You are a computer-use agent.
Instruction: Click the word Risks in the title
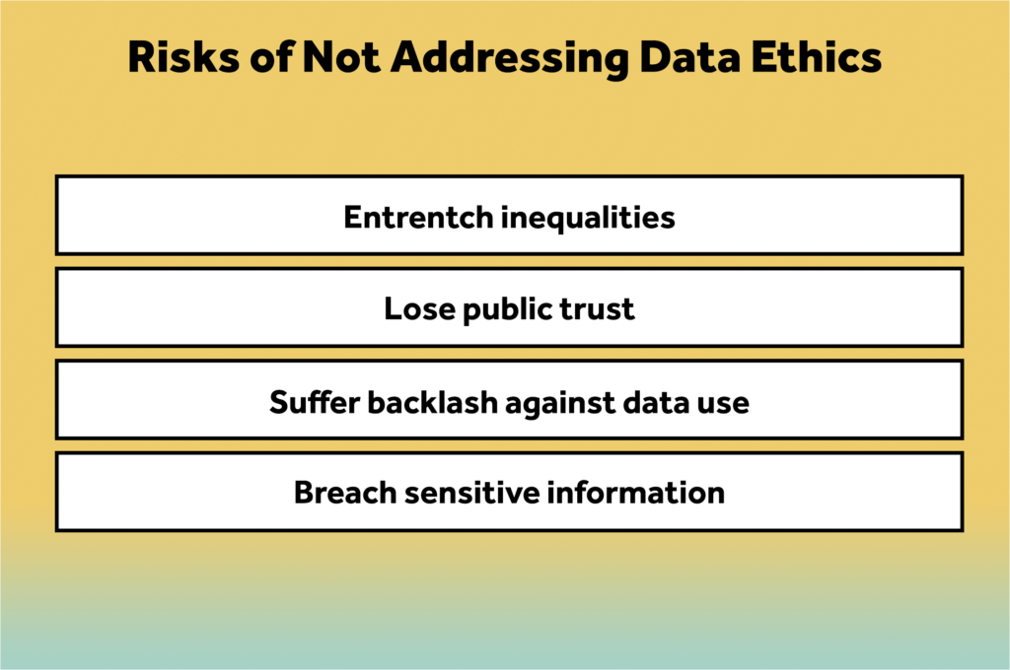[183, 56]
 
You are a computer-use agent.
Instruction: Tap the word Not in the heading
[341, 56]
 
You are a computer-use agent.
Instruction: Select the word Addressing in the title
[510, 59]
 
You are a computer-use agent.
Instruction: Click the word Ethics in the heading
[817, 56]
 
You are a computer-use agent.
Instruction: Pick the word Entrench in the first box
[418, 217]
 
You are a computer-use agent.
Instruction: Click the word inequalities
[588, 218]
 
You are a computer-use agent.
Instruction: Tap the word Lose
[419, 309]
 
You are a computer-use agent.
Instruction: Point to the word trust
[597, 309]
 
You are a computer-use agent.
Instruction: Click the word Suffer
[315, 402]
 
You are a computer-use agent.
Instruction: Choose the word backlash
[432, 402]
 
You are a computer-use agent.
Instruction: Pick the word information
[636, 493]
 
